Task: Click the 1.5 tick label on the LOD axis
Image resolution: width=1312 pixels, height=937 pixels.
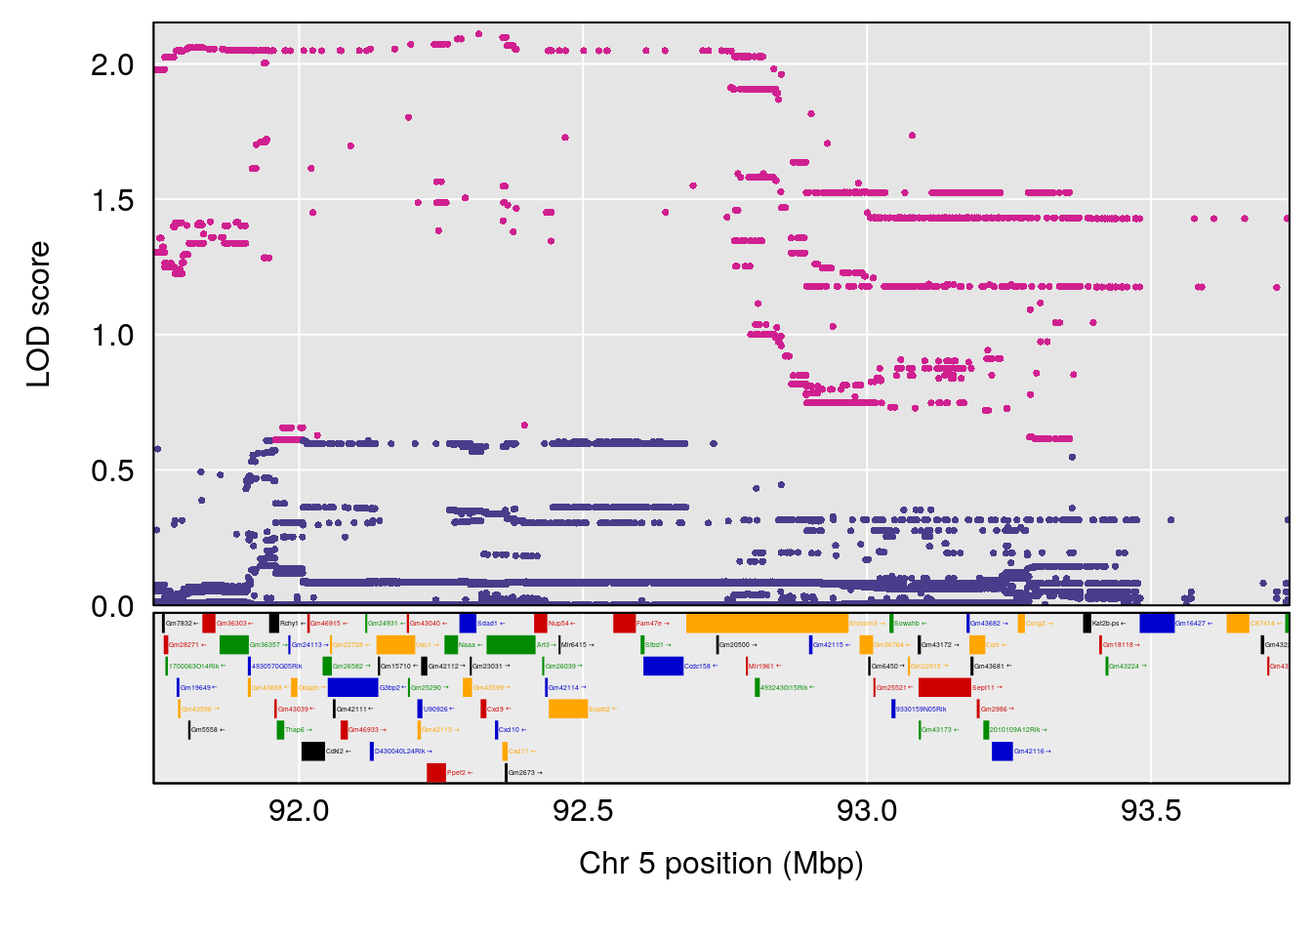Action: pos(112,201)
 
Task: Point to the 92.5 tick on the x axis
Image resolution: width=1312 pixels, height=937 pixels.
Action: pos(583,810)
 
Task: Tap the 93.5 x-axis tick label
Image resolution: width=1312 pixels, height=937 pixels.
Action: pos(1151,810)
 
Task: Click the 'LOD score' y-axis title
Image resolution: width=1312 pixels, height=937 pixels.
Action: pos(39,314)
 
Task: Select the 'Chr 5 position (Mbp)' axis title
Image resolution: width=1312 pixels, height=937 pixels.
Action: pos(720,863)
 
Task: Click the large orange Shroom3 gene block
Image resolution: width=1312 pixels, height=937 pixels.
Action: pos(766,624)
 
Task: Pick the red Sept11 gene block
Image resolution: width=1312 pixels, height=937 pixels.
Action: pos(944,687)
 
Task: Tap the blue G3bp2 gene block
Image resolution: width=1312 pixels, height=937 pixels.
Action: pos(352,687)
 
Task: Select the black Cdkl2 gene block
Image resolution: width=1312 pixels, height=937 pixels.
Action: pos(312,752)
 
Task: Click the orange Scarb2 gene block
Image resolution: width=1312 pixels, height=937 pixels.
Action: pos(567,709)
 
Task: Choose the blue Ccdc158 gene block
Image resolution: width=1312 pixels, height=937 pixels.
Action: pos(663,666)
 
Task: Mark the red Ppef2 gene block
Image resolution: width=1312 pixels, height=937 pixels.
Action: pos(435,773)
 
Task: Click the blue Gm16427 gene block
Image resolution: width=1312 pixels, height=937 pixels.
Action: pos(1156,624)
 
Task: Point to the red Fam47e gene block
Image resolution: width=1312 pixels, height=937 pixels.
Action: pos(624,624)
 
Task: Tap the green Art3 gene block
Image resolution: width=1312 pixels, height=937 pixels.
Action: pos(510,644)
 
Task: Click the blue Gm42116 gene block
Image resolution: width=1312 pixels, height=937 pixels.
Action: pos(1002,752)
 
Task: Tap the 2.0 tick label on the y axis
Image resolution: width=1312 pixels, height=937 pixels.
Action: pos(112,65)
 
